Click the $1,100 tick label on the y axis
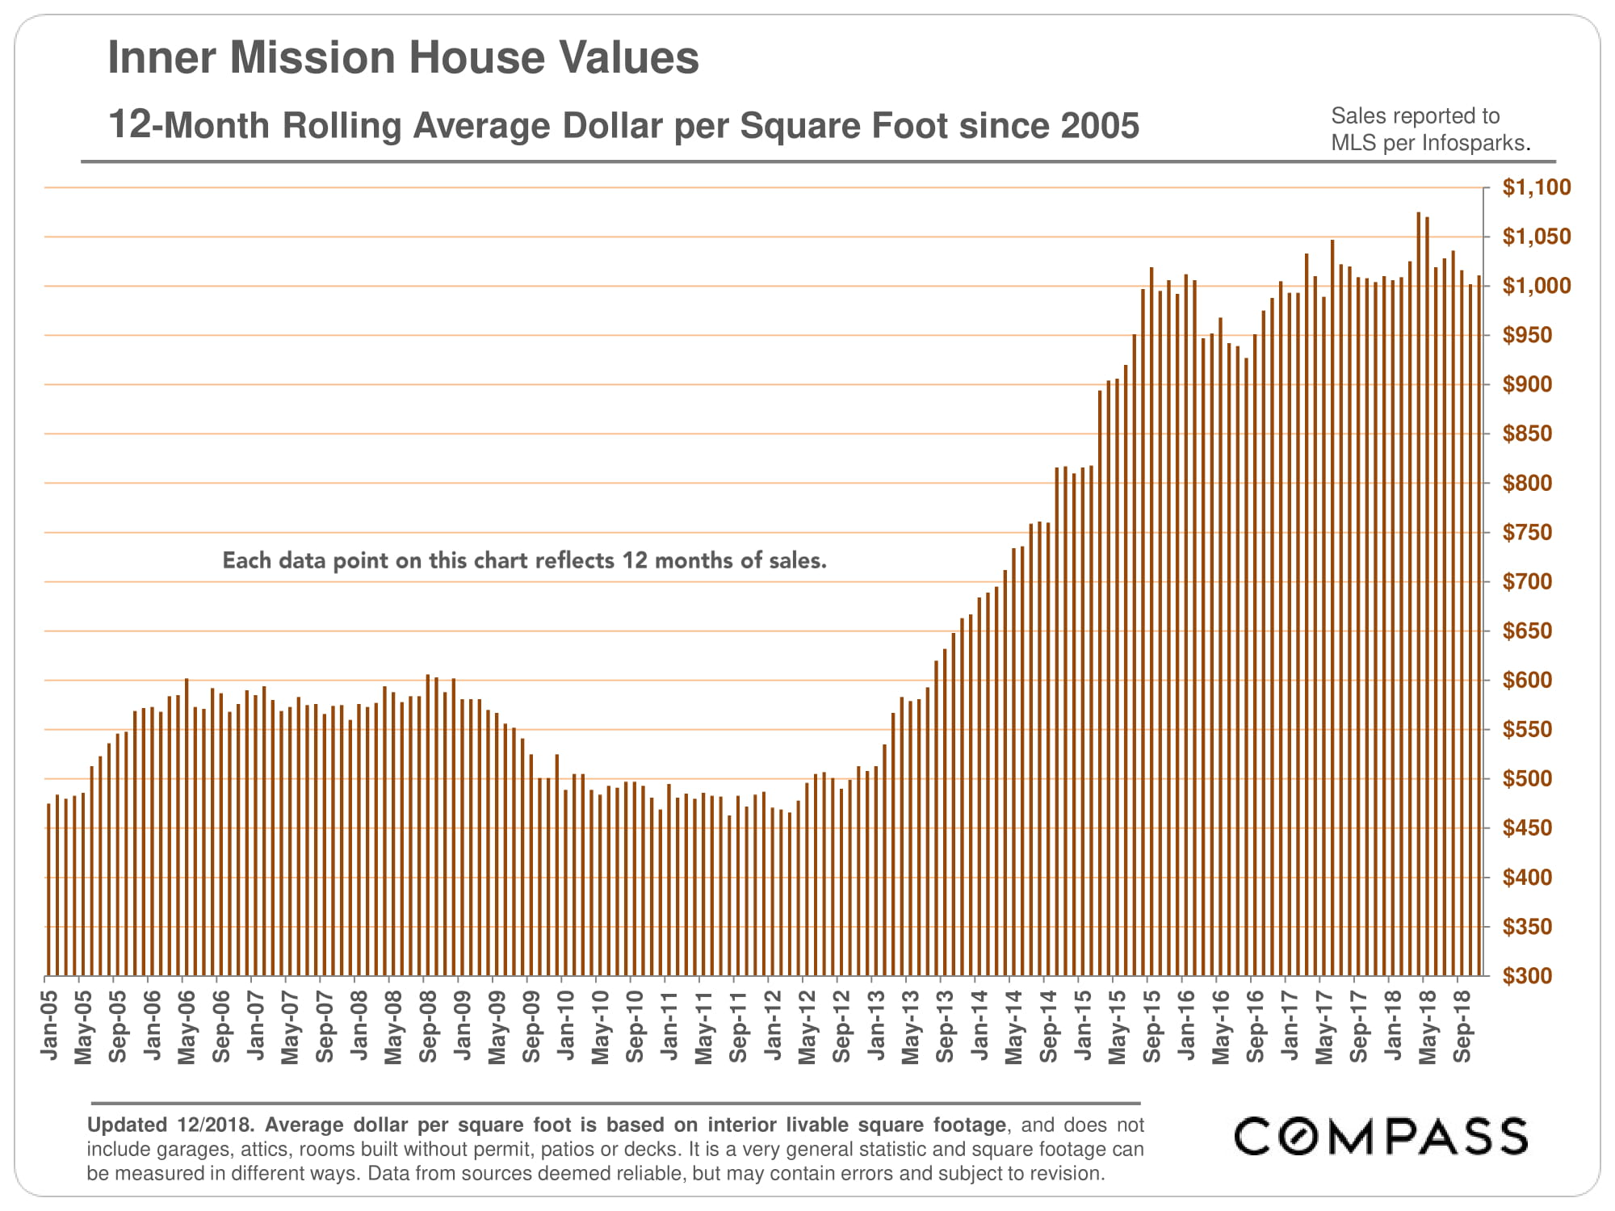pos(1536,187)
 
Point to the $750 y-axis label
pos(1527,533)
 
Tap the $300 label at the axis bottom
pos(1527,976)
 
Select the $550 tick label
pos(1527,730)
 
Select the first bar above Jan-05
pos(48,888)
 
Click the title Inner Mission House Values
pos(403,57)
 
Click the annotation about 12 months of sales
pos(524,560)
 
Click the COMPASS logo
pos(1380,1137)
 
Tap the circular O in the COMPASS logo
pos(1299,1137)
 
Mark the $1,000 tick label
pos(1536,286)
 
